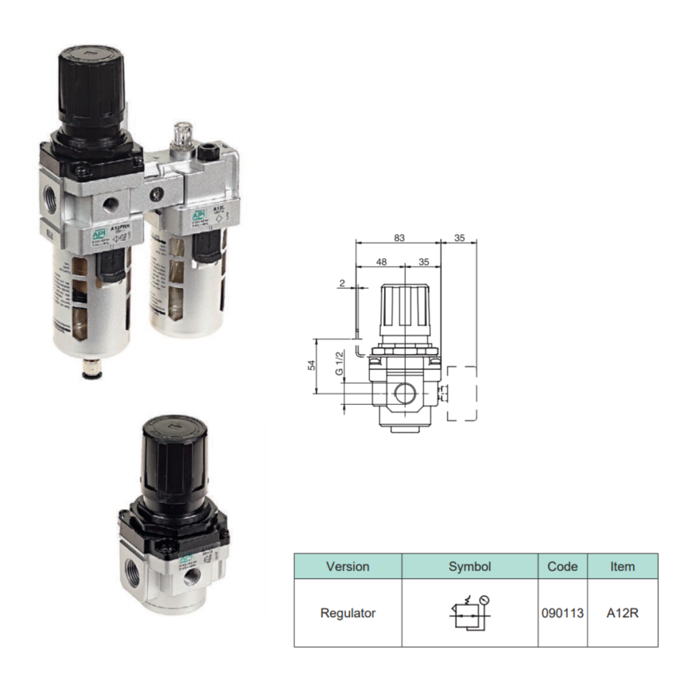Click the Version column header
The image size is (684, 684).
coord(347,566)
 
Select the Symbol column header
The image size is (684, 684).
coord(470,566)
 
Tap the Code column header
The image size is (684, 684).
coord(562,566)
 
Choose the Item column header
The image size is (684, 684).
coord(622,566)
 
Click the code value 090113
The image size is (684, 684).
coord(562,613)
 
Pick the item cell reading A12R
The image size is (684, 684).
coord(622,613)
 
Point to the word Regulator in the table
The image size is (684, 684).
coord(347,613)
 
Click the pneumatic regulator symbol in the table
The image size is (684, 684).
coord(470,612)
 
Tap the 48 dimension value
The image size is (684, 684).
coord(381,263)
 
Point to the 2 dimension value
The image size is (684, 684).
coord(343,283)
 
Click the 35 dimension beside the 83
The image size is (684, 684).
coord(459,237)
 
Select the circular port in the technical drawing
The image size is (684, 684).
coord(405,393)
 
